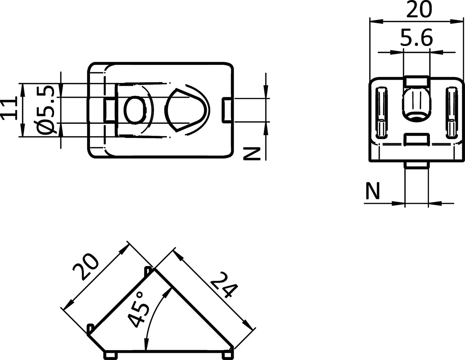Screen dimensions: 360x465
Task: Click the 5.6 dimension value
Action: pyautogui.click(x=416, y=38)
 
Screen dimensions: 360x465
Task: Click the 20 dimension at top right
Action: pyautogui.click(x=419, y=10)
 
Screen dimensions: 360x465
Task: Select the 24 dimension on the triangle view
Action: pyautogui.click(x=224, y=285)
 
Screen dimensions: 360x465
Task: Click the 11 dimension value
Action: pyautogui.click(x=8, y=109)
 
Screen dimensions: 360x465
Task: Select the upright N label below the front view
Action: pyautogui.click(x=372, y=191)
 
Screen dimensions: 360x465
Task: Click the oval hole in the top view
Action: pyautogui.click(x=135, y=110)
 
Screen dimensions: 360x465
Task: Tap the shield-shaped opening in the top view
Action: pyautogui.click(x=186, y=110)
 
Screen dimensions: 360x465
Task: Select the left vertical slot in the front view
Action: pyautogui.click(x=382, y=112)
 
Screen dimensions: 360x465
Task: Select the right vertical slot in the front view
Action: pyautogui.click(x=451, y=112)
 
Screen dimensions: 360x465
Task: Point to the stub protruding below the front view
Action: pyautogui.click(x=416, y=165)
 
